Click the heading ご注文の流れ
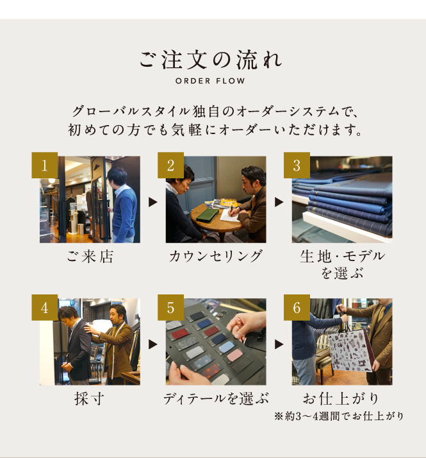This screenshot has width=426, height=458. pos(211,60)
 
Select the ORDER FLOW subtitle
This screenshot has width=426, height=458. pos(210,81)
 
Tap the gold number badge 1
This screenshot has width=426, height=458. pos(45,165)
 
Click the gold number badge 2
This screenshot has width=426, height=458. pos(170,165)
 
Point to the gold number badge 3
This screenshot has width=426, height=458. pos(297,165)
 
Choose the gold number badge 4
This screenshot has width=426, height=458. pos(45,307)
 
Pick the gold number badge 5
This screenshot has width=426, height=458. pos(170,307)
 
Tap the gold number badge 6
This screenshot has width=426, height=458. pos(297,307)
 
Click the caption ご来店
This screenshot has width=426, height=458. pos(90,257)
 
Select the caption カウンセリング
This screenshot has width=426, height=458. pos(216,256)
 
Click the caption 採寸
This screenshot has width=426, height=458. pos(89,399)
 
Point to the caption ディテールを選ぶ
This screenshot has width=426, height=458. pos(216,399)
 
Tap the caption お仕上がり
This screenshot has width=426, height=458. pos(341,399)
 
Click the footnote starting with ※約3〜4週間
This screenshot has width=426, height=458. pos(339,416)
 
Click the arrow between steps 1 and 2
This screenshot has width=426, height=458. pos(152,202)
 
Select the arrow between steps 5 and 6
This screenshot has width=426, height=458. pos(279,344)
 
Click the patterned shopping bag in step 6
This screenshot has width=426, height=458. pos(351,350)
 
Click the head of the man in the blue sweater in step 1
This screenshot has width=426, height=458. pos(117,177)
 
